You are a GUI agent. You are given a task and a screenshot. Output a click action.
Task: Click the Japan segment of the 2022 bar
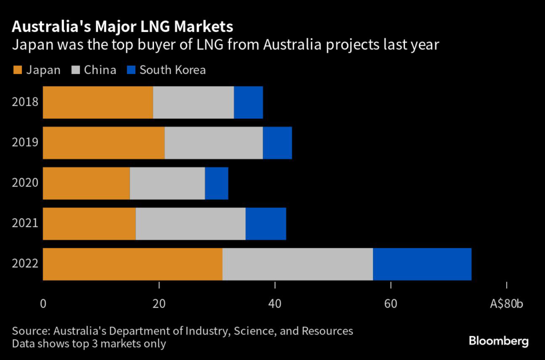coord(133,264)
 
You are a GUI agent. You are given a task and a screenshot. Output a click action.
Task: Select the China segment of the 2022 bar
coord(298,264)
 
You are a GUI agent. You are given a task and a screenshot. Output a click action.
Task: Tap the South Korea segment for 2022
coord(422,264)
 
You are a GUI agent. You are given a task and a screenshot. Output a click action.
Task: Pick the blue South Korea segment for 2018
coord(249,102)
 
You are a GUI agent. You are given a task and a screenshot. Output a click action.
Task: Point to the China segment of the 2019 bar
coord(214,143)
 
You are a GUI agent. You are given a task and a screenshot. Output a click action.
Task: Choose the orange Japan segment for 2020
coord(86,183)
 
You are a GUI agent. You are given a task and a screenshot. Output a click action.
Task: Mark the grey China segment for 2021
coord(191,224)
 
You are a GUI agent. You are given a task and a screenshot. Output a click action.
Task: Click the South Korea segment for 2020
coord(217,183)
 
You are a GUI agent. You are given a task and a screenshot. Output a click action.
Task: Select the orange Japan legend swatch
coord(16,70)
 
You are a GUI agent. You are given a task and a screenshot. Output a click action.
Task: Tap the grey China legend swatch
coord(74,70)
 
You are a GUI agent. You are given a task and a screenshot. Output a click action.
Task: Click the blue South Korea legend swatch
coord(131,70)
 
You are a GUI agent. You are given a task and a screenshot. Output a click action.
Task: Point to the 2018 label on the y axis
coord(25,102)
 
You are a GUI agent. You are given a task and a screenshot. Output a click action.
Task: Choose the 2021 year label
coord(25,224)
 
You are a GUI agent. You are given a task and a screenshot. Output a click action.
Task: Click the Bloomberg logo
coord(499,341)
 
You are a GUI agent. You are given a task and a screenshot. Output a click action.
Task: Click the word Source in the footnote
coord(29,331)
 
